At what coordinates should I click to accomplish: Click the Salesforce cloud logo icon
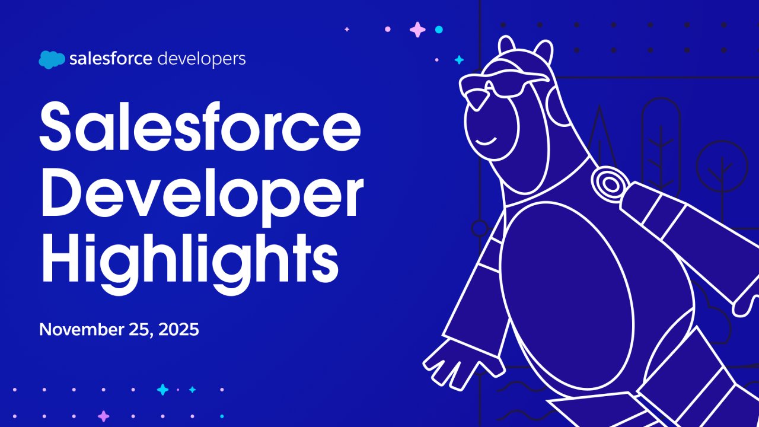tap(52, 59)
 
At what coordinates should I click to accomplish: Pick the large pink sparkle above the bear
tap(418, 29)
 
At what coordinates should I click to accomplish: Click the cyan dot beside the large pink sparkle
tap(439, 29)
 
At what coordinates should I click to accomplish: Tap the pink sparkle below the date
tap(104, 416)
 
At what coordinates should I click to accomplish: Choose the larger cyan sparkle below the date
tap(162, 390)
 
